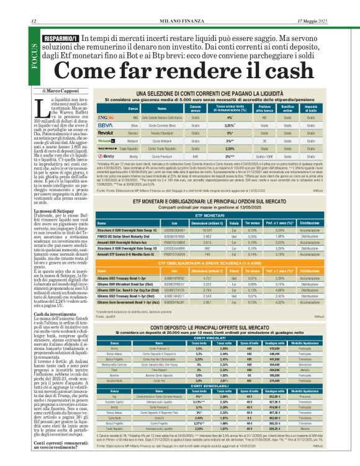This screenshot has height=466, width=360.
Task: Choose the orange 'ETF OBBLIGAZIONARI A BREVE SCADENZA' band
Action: tap(212, 246)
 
